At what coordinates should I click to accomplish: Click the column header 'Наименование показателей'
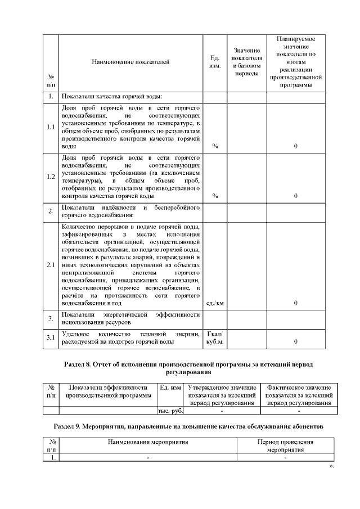(130, 62)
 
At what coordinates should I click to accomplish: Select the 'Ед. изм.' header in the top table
(214, 62)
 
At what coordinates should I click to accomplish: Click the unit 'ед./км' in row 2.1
(215, 303)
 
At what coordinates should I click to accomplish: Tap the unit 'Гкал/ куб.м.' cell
(215, 337)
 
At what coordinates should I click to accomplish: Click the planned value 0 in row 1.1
(296, 146)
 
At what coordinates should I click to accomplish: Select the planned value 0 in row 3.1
(296, 341)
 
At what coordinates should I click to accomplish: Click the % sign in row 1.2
(215, 196)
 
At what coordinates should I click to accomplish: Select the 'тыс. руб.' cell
(171, 411)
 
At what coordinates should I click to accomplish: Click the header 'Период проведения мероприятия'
(285, 445)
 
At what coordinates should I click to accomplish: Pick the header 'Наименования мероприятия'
(147, 442)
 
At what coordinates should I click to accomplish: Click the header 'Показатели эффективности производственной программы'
(109, 391)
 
